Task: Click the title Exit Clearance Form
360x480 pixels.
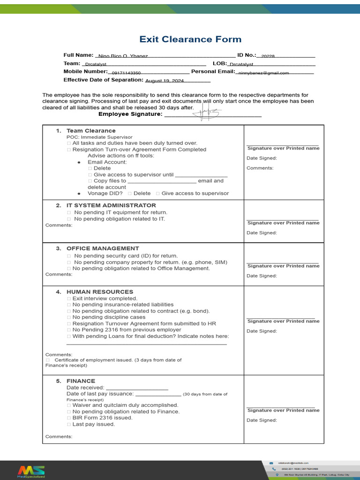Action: coord(190,39)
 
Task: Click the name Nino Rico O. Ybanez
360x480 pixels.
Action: coord(123,56)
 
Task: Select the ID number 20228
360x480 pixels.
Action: coord(268,56)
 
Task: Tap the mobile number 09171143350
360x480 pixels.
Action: coord(126,73)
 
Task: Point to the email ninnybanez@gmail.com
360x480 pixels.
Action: coord(263,73)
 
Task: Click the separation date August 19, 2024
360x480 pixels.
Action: coord(165,81)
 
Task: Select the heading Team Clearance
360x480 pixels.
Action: coord(91,131)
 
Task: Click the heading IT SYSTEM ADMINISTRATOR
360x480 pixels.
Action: coord(111,205)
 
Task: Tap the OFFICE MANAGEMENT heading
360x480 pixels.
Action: coord(103,248)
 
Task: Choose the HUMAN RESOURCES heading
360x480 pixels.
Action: coord(100,292)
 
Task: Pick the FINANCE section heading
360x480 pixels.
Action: coord(81,381)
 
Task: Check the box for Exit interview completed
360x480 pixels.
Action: coord(69,299)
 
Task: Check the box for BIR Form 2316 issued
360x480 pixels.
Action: coord(69,418)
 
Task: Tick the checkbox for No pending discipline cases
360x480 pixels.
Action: coord(69,317)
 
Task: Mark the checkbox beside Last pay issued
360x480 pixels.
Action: coord(69,424)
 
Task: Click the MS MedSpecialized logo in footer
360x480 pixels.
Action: coord(31,471)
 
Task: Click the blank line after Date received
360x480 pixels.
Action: coord(137,388)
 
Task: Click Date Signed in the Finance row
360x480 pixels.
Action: coord(262,420)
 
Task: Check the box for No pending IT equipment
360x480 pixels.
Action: coord(69,212)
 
